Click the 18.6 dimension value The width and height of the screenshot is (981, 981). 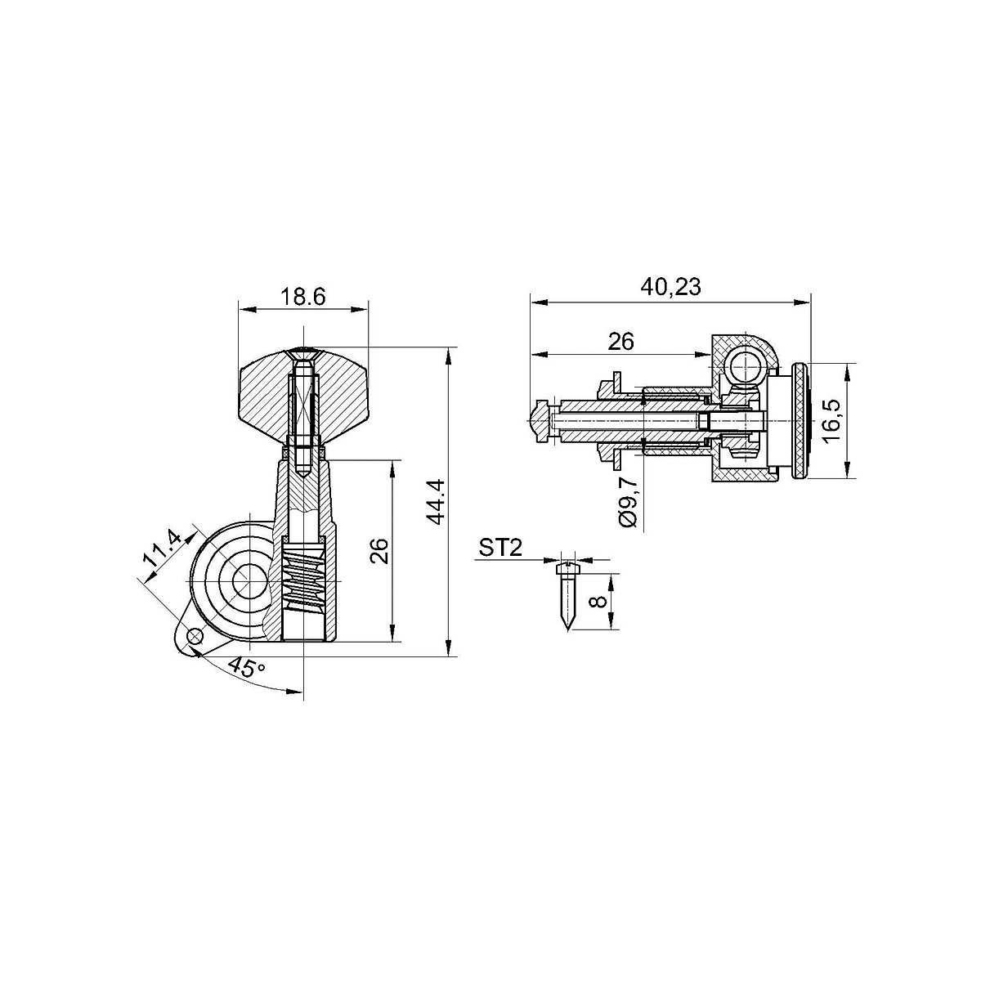pos(303,297)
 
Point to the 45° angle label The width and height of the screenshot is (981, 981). pos(247,666)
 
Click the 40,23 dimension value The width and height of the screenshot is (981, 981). pos(670,288)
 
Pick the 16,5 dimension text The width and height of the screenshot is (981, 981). pos(834,420)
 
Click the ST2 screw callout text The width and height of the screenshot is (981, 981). pos(500,548)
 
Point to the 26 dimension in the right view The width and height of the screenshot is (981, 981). pos(621,342)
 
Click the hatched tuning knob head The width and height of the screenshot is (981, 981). pos(262,392)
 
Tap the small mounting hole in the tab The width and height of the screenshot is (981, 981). pos(195,636)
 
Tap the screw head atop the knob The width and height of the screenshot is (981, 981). pos(303,353)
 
